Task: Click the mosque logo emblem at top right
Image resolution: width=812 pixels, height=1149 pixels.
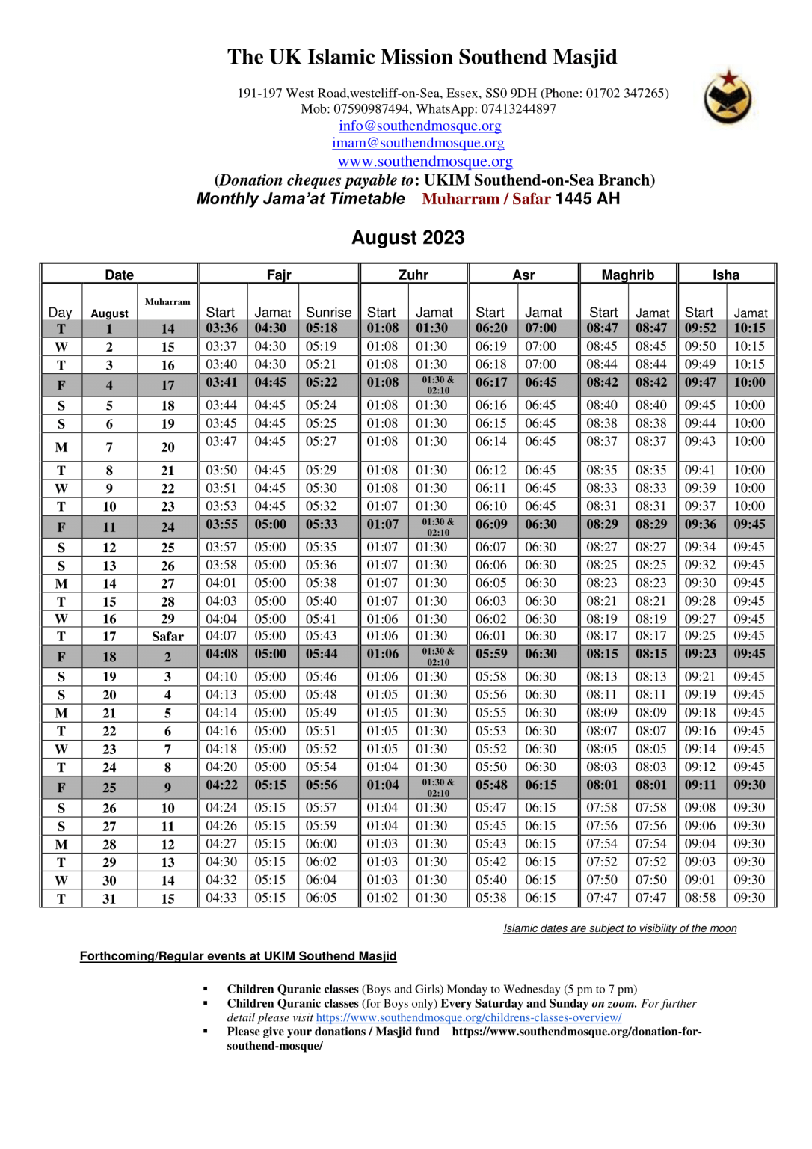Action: [728, 96]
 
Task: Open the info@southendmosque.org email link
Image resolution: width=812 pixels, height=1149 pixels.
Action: [419, 126]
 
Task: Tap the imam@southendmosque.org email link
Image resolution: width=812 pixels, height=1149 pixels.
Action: [418, 143]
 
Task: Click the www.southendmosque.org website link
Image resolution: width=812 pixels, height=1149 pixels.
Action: [425, 162]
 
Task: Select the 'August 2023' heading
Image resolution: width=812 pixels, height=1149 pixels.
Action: [408, 238]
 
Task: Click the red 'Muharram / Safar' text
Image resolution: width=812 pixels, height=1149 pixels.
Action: [486, 199]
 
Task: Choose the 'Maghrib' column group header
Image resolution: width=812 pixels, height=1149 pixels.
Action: [627, 275]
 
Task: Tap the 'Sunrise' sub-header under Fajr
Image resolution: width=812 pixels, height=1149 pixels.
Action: [328, 313]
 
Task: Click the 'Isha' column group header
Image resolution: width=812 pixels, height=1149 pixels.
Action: [725, 275]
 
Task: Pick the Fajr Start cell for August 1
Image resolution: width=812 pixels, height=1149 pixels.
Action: [221, 328]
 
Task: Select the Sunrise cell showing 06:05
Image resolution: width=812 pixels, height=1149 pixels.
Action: [321, 898]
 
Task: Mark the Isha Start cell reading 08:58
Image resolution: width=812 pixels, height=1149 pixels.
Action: [700, 898]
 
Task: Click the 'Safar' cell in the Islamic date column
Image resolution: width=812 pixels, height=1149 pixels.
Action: [167, 637]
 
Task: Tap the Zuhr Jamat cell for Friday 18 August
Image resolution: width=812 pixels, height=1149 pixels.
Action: [437, 657]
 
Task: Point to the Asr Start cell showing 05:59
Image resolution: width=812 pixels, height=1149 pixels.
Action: [491, 654]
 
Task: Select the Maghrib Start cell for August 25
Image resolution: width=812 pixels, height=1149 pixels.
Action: [602, 785]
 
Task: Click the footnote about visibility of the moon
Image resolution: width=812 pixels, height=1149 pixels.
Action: [620, 928]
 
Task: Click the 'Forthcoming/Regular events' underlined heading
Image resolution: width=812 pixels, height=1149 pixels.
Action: [238, 956]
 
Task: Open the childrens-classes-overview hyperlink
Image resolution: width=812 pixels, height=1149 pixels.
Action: [469, 1017]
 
